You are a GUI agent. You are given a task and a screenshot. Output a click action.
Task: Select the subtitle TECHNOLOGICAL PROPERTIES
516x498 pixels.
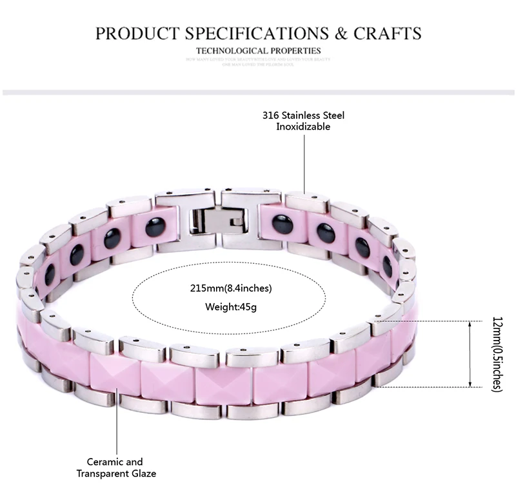[258, 50]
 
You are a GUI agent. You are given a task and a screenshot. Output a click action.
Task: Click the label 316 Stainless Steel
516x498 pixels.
[303, 116]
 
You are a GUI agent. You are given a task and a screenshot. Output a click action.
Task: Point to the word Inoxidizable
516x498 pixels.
[303, 127]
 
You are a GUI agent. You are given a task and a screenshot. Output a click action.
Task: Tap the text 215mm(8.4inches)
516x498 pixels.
[239, 287]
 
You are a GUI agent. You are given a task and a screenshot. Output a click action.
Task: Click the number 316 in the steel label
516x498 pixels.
[270, 116]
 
